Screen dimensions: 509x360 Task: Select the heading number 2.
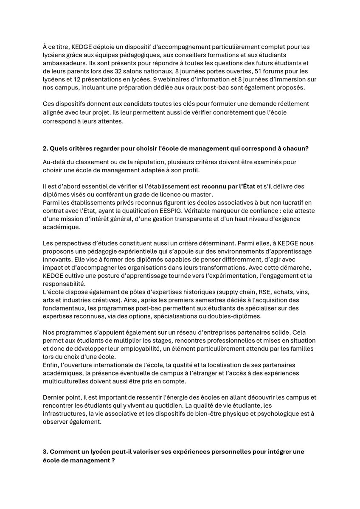point(45,148)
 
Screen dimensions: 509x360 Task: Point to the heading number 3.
point(45,452)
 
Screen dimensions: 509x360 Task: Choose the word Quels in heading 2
point(58,148)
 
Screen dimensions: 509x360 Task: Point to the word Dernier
point(54,397)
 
